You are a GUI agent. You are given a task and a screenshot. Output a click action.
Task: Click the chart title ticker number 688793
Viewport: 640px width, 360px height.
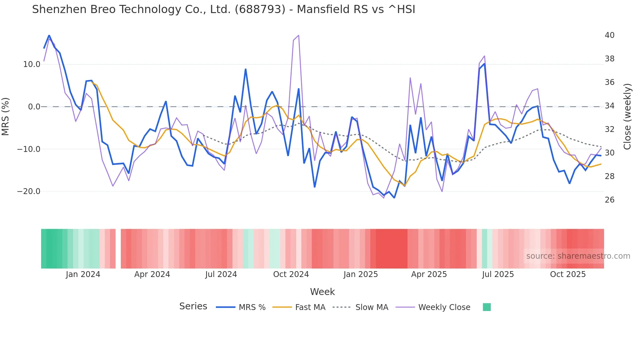(x=260, y=9)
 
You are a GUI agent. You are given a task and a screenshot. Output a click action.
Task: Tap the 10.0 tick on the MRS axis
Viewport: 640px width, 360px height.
(x=32, y=64)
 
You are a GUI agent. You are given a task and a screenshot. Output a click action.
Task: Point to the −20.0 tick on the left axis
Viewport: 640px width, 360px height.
(x=29, y=191)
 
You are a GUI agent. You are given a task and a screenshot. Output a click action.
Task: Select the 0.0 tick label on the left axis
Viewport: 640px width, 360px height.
(x=34, y=107)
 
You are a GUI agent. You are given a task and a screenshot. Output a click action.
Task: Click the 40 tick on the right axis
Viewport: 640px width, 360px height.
(x=609, y=35)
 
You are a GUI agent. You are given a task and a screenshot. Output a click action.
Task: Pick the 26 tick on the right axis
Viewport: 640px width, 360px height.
(x=609, y=200)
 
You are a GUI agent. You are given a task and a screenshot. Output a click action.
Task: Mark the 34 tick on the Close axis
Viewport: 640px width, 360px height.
(x=609, y=106)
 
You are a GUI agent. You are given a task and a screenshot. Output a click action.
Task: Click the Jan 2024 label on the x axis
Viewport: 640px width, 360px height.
(x=83, y=274)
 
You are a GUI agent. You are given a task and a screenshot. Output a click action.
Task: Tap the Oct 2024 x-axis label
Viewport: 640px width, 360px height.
(x=291, y=274)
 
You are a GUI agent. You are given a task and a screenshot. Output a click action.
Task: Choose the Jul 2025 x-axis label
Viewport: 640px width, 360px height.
(x=498, y=274)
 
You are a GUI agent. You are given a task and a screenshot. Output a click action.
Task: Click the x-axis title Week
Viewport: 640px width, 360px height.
(x=322, y=292)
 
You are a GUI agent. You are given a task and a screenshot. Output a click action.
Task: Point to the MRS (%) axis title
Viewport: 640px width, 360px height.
(x=6, y=117)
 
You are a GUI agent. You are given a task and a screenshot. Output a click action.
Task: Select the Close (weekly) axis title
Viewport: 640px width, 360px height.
(x=627, y=117)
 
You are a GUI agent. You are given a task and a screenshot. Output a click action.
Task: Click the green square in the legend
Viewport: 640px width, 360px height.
(x=487, y=307)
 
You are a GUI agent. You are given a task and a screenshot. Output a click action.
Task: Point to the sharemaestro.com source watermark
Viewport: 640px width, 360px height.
(x=578, y=256)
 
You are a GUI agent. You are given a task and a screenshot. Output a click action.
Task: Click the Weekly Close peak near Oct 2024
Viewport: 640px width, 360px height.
(x=298, y=35)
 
